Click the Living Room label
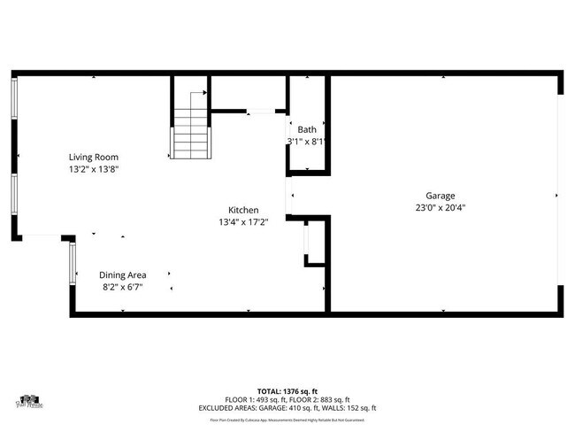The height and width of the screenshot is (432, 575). click(94, 157)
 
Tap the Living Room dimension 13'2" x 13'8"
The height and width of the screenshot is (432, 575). click(94, 168)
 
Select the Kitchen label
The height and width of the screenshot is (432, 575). click(243, 210)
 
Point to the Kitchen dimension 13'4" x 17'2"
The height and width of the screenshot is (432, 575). click(243, 222)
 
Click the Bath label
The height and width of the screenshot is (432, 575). click(307, 129)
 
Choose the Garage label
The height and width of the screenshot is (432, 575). click(440, 196)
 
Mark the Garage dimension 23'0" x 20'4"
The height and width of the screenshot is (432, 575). click(440, 208)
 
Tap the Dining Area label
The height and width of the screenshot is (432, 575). click(123, 274)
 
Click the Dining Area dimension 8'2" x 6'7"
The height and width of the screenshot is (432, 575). click(123, 287)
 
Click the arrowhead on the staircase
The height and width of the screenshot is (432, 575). click(205, 91)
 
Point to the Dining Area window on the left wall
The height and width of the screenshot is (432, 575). click(73, 263)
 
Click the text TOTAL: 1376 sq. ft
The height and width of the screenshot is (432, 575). click(287, 390)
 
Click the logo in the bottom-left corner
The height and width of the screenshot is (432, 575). click(30, 403)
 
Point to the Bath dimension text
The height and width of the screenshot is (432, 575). click(307, 142)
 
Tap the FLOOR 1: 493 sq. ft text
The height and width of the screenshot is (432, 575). click(256, 399)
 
